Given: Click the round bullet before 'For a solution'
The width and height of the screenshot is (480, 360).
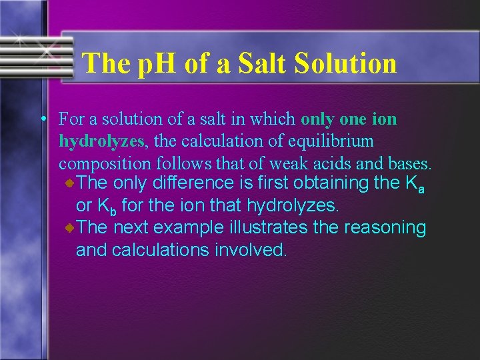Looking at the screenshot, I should point(42,119).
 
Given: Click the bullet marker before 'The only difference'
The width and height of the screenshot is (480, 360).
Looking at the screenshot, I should point(70,183).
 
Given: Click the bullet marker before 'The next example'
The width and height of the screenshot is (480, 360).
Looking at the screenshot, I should point(70,229).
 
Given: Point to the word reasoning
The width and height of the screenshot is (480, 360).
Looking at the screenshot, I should point(384,228).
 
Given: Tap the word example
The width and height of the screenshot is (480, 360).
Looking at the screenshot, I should point(189,228).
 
